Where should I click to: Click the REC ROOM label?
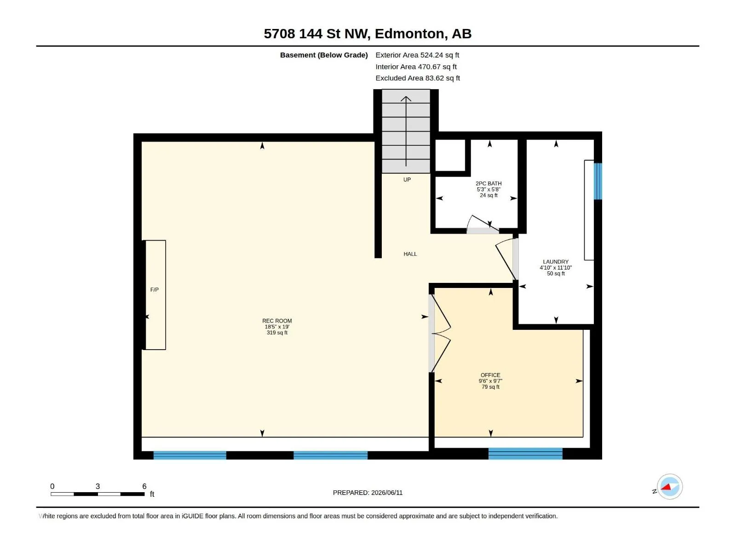[x=277, y=321]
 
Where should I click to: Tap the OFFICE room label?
[x=490, y=375]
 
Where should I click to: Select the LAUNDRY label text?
[x=556, y=262]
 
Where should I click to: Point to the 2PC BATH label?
[x=489, y=184]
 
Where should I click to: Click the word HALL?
[x=410, y=254]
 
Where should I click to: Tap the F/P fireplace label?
[x=154, y=290]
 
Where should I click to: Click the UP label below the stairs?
[x=407, y=180]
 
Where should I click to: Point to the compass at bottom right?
[x=670, y=487]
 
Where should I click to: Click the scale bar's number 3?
[x=98, y=486]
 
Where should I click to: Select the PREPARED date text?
[x=368, y=493]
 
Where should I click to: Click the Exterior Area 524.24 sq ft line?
[x=417, y=55]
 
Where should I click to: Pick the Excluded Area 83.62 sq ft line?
[x=418, y=78]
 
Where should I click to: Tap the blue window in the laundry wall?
[x=598, y=181]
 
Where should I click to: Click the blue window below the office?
[x=525, y=454]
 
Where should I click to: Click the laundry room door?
[x=507, y=259]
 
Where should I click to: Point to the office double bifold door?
[x=440, y=333]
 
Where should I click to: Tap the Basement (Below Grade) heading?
[x=324, y=55]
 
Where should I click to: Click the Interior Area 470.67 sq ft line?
[x=416, y=67]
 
